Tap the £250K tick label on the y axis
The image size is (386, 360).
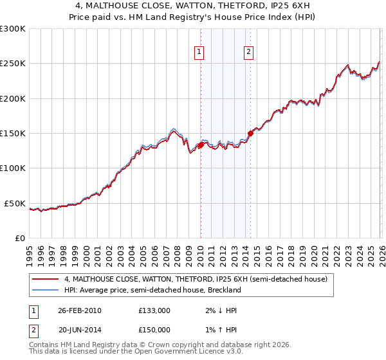[x=13, y=64]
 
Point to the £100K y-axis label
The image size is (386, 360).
[x=13, y=168]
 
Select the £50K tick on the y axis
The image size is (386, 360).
[x=15, y=203]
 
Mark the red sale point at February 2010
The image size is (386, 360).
[x=201, y=145]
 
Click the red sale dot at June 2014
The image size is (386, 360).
[x=250, y=133]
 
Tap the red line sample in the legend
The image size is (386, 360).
[x=46, y=280]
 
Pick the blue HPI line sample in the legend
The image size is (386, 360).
[x=46, y=291]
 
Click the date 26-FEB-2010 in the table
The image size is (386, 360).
[x=79, y=310]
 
